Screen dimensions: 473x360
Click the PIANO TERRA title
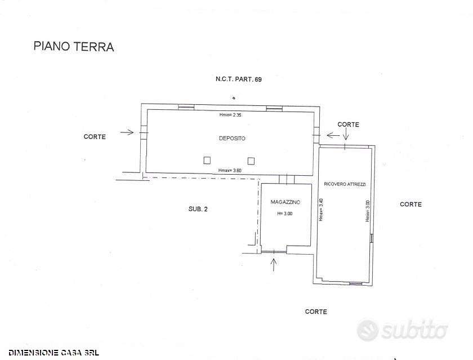click(74, 46)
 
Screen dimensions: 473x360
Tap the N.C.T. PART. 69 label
click(239, 79)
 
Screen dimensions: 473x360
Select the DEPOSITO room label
click(232, 138)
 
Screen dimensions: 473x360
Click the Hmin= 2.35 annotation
click(230, 115)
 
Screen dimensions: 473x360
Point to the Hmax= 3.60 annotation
click(230, 171)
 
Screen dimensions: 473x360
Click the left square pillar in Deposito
click(207, 160)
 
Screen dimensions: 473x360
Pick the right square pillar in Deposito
click(251, 161)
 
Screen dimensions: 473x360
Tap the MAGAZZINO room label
click(285, 202)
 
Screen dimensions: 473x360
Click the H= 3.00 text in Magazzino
click(285, 214)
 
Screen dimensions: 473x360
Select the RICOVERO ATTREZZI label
click(345, 184)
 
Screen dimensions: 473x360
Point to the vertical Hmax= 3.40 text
click(322, 210)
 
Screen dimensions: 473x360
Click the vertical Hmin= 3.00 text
click(367, 211)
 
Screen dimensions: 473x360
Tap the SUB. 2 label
click(198, 209)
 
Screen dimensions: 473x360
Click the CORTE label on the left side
click(95, 137)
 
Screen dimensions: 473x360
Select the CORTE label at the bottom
click(316, 312)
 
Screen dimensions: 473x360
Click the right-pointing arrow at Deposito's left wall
click(127, 132)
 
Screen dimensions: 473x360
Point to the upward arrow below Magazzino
click(274, 265)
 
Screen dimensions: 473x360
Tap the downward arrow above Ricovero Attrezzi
click(346, 134)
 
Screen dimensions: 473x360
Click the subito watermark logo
click(402, 330)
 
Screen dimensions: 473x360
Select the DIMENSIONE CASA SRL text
click(53, 353)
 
